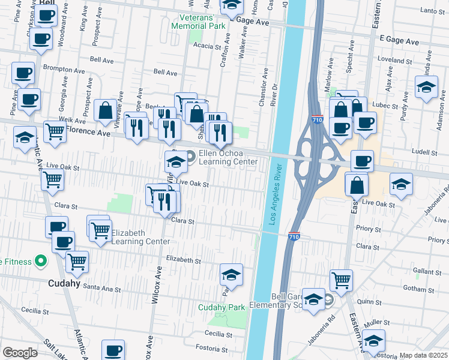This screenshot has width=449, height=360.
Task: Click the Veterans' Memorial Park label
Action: (x=198, y=22)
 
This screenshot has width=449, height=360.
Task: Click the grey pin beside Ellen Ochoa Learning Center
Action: (x=191, y=157)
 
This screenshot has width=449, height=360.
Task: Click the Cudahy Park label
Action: (x=222, y=307)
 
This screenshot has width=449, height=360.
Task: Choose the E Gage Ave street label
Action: (x=399, y=41)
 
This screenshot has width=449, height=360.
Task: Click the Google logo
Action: (x=20, y=352)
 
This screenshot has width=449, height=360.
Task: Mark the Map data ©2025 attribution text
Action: (x=423, y=355)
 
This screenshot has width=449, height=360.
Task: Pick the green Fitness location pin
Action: (x=41, y=261)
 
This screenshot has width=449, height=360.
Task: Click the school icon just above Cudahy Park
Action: (x=231, y=275)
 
